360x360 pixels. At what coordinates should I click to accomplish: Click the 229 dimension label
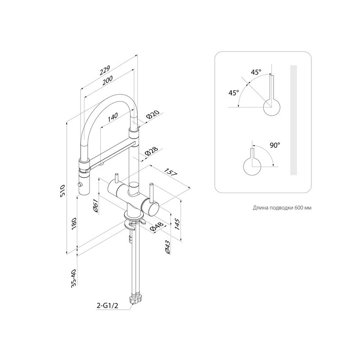[x=105, y=70]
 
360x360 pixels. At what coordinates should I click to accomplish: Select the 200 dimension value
[x=108, y=81]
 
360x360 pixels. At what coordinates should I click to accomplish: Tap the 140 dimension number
[x=112, y=117]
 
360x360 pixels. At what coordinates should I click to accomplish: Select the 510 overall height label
[x=63, y=190]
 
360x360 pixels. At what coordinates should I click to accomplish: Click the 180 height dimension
[x=74, y=224]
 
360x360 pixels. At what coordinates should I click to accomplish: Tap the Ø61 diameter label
[x=95, y=206]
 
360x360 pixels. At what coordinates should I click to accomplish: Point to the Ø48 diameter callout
[x=156, y=227]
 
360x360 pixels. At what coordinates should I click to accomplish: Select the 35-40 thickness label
[x=73, y=277]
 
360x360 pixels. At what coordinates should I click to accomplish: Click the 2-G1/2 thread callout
[x=108, y=306]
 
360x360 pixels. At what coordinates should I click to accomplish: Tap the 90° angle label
[x=275, y=145]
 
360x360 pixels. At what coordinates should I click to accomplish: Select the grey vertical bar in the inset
[x=294, y=120]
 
